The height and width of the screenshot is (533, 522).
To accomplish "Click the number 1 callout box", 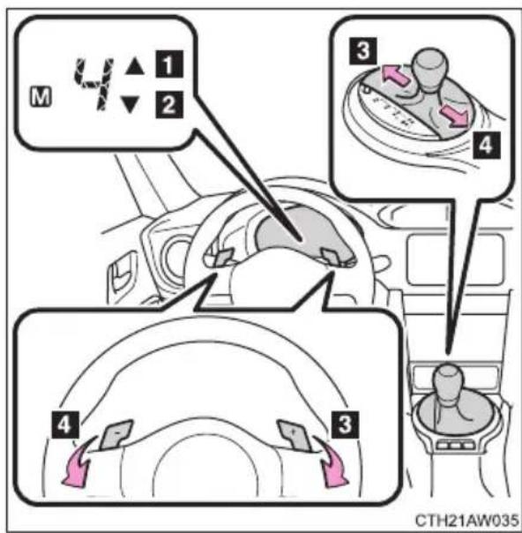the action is (x=169, y=64).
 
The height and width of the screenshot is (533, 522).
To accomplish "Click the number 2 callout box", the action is (x=169, y=104).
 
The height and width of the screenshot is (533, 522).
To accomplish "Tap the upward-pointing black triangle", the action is (x=135, y=66).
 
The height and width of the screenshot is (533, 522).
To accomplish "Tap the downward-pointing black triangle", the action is (x=130, y=104).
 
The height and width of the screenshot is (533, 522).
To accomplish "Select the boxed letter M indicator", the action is (x=41, y=97).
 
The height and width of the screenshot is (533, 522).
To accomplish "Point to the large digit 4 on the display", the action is (x=93, y=84).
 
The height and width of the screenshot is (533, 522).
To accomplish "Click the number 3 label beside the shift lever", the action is (x=363, y=51).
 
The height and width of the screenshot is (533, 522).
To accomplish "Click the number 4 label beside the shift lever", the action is (x=487, y=145).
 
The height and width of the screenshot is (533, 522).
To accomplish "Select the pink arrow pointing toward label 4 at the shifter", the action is (x=455, y=116).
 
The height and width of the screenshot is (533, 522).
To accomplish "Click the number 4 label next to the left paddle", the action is (x=64, y=425).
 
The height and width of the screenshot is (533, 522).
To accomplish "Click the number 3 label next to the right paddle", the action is (x=345, y=425).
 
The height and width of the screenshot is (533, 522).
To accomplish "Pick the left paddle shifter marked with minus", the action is (x=116, y=434).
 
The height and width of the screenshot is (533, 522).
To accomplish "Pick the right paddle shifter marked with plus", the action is (x=295, y=435).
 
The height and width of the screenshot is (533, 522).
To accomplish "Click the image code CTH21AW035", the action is (x=467, y=521).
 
